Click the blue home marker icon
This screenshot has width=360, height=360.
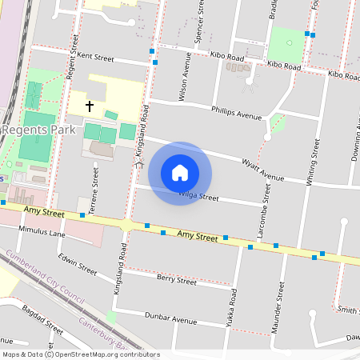click(x=180, y=173)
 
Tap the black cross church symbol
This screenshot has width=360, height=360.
click(x=89, y=106)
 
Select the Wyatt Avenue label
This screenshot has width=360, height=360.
click(x=262, y=170)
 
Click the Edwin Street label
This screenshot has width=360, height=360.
click(x=78, y=265)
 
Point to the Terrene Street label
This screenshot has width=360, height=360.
click(x=95, y=188)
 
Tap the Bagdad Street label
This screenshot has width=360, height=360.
click(x=42, y=319)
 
